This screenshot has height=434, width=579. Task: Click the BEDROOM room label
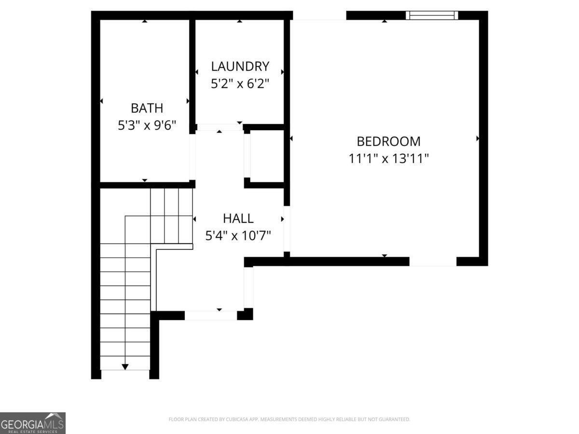point(388,141)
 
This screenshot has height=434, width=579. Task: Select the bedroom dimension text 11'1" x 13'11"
point(388,158)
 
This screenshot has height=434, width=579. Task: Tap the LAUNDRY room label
point(240,66)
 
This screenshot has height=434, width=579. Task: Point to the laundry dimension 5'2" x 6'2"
point(240,83)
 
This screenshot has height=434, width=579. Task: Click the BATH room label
point(147,108)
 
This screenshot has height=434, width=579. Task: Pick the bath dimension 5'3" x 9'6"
point(147,125)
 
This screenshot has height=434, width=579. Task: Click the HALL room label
point(238,218)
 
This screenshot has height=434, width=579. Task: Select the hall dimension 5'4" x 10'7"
point(238,236)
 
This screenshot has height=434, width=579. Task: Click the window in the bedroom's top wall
point(432,15)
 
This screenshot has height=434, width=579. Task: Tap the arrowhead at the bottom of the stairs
point(125,367)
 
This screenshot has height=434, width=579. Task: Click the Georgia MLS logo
point(32,423)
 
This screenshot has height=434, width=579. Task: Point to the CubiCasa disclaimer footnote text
point(289,420)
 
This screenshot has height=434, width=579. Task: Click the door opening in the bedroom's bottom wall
point(433,262)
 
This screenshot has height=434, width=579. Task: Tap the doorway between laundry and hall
point(220,127)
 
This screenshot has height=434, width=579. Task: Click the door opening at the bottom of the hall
point(211,315)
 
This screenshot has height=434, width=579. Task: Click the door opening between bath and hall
point(193,157)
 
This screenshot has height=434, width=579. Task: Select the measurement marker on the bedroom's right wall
point(478,138)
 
